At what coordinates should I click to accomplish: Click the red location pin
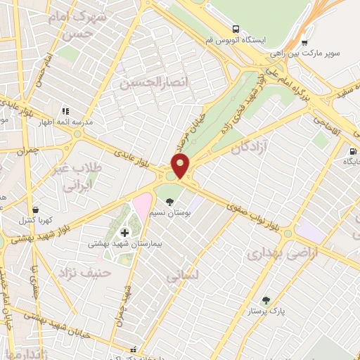click(x=181, y=167)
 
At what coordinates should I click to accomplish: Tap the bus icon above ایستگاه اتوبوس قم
click(x=237, y=30)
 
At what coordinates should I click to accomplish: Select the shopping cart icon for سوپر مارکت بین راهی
click(x=304, y=43)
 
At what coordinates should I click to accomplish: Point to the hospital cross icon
click(x=125, y=233)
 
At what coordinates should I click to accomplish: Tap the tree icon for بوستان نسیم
click(x=169, y=202)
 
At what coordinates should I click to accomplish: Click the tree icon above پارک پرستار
click(x=265, y=300)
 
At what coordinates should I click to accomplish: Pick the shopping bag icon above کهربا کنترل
click(x=36, y=209)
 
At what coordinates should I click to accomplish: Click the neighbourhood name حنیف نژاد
click(x=85, y=271)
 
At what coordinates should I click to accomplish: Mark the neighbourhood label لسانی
click(x=182, y=276)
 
